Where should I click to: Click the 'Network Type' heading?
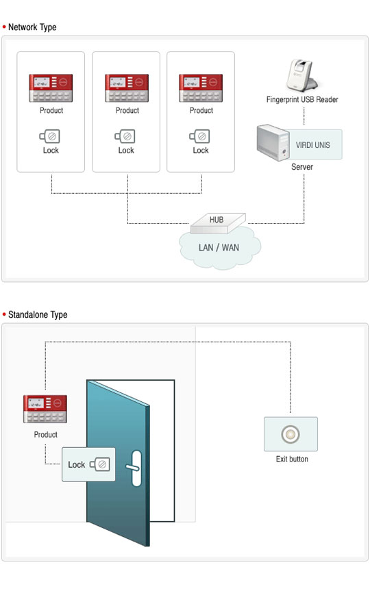click(32, 27)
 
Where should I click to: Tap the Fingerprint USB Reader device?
click(302, 75)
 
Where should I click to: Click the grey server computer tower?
click(272, 142)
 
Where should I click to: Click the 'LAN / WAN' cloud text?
click(219, 247)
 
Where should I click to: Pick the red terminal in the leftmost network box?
click(50, 88)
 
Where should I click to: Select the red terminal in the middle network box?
click(127, 88)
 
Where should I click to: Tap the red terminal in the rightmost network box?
click(201, 88)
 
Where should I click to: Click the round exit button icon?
click(291, 434)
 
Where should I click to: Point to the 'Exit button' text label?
click(291, 459)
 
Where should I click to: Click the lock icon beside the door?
click(101, 464)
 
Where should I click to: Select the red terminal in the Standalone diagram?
click(46, 409)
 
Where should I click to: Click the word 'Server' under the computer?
click(301, 166)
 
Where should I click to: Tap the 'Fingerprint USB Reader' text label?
click(302, 100)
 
